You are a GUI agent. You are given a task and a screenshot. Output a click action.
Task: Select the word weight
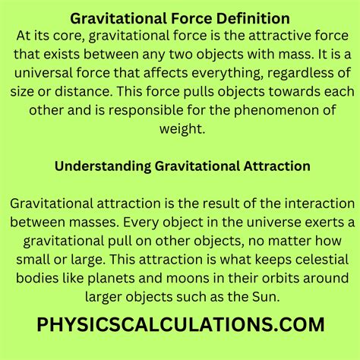coord(179,131)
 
